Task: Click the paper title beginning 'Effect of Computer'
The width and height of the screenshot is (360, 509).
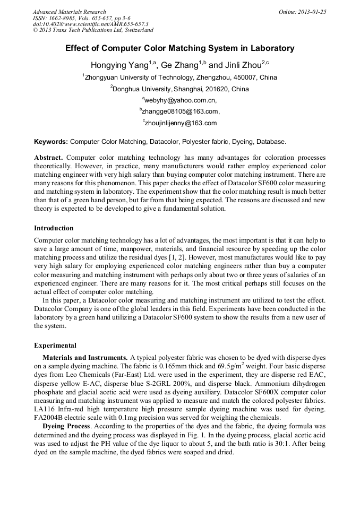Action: pos(179,48)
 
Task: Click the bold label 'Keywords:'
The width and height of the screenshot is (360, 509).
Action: pos(51,142)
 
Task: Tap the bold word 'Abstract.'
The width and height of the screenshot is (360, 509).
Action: pos(49,158)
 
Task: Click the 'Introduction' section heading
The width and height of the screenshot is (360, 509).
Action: pos(54,228)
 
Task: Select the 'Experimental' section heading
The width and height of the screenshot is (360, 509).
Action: pos(55,346)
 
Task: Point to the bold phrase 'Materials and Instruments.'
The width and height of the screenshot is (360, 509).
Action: pos(85,358)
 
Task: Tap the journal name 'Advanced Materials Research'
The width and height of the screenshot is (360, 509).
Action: pos(69,12)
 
